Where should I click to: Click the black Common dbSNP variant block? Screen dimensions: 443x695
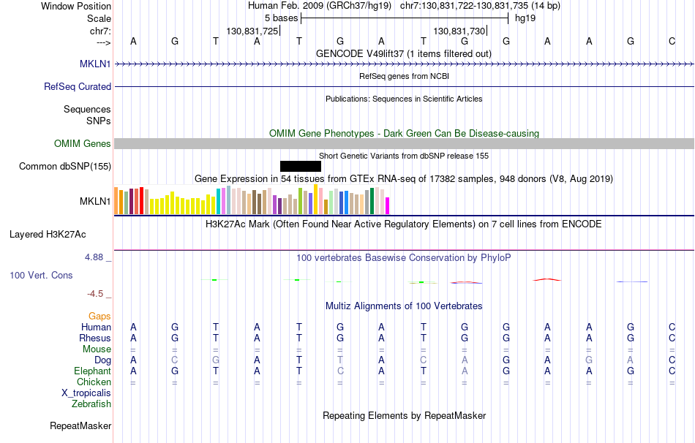(300, 166)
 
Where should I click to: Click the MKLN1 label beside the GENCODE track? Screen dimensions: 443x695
(95, 64)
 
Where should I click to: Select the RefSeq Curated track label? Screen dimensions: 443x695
(78, 86)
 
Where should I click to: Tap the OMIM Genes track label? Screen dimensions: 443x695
(83, 143)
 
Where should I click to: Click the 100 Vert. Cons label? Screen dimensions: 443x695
(42, 276)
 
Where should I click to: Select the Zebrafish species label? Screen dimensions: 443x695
(91, 404)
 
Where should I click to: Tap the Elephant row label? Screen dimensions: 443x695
(93, 371)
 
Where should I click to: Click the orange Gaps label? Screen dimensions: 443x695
(99, 316)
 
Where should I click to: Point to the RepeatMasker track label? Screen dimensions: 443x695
(80, 425)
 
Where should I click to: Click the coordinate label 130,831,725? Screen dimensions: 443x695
(252, 31)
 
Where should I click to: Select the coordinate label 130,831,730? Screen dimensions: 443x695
(459, 31)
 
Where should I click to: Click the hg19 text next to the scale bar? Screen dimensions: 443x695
(525, 18)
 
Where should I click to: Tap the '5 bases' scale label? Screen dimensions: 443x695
(281, 18)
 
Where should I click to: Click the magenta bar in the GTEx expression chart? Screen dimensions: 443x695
(388, 205)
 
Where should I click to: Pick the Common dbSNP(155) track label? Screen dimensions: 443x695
(65, 166)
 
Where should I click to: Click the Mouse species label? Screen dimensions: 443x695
(97, 349)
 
